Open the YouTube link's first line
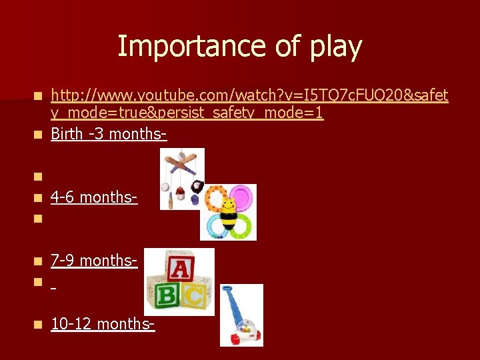(x=249, y=97)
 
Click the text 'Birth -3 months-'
(x=108, y=134)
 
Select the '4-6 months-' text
(x=94, y=197)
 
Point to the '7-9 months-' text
(x=94, y=260)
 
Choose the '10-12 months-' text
(x=103, y=324)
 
